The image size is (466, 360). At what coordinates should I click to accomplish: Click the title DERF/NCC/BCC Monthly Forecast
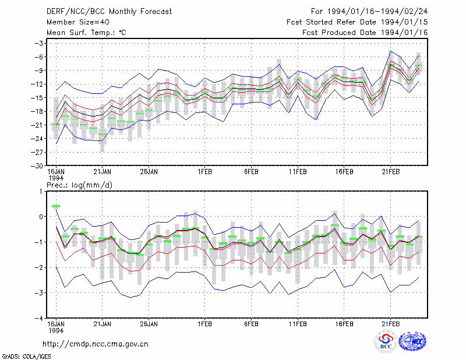[x=109, y=12]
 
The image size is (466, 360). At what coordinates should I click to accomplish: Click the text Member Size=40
[x=78, y=22]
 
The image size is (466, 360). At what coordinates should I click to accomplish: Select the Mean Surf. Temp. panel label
[x=86, y=33]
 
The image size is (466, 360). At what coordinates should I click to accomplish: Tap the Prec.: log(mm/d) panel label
[x=79, y=185]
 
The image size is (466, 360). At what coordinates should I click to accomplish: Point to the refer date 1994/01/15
[x=404, y=22]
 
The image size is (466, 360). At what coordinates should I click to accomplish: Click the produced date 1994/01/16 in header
[x=404, y=33]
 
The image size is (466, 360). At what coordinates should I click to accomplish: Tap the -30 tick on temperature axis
[x=37, y=166]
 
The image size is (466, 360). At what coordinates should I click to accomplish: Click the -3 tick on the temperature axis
[x=39, y=44]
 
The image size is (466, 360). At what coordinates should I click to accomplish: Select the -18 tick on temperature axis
[x=37, y=111]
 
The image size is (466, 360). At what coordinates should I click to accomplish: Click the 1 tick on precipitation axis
[x=41, y=192]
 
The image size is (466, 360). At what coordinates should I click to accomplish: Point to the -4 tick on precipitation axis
[x=39, y=319]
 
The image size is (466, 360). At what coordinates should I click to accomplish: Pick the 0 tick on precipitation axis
[x=41, y=217]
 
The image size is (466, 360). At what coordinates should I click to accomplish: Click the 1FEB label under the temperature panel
[x=205, y=172]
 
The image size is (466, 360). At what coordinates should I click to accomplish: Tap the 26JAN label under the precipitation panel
[x=149, y=324]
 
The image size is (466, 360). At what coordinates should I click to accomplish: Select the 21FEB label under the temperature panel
[x=390, y=172]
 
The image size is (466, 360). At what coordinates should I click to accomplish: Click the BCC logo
[x=386, y=341]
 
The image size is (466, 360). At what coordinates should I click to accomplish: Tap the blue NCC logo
[x=412, y=341]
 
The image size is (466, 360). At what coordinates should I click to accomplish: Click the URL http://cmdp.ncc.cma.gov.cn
[x=96, y=344]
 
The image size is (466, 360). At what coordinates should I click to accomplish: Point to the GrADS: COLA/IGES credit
[x=26, y=357]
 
